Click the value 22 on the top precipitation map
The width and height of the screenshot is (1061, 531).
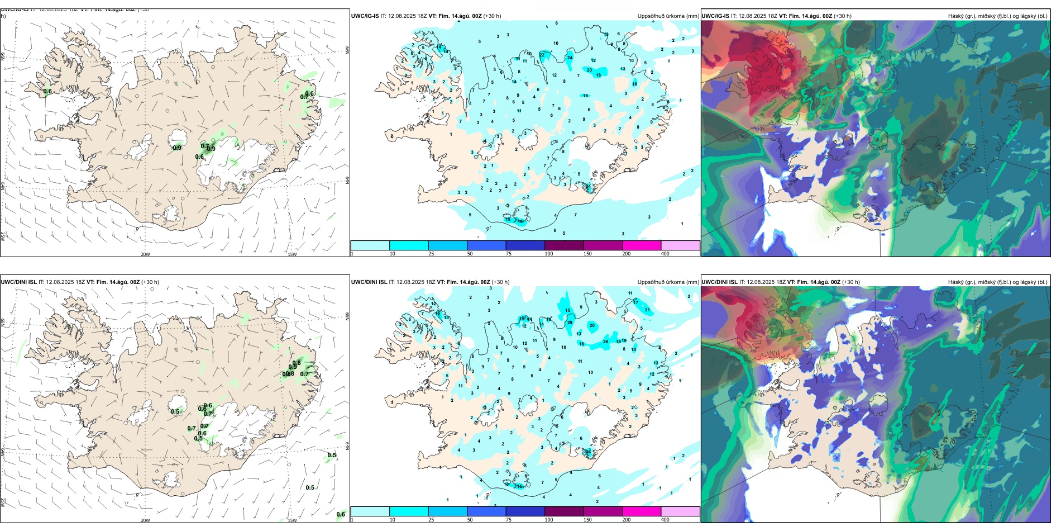click(542, 55)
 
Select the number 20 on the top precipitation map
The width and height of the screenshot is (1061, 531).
click(589, 70)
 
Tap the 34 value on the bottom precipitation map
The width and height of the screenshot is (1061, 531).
click(588, 452)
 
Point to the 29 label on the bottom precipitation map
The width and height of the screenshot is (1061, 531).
click(570, 323)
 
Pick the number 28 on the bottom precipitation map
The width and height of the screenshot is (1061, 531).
click(605, 342)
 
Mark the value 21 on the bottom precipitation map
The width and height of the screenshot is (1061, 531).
click(647, 310)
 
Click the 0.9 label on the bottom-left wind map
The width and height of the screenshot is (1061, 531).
click(293, 367)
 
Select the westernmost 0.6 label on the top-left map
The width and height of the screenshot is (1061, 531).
click(47, 92)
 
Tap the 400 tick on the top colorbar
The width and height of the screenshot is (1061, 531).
click(665, 254)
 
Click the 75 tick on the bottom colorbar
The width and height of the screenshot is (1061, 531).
click(508, 520)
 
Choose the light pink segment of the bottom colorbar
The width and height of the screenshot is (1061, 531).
click(680, 511)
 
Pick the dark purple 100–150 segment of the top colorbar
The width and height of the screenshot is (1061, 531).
click(563, 245)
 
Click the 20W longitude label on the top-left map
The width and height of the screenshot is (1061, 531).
click(145, 254)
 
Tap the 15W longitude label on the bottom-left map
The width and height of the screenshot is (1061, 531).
click(291, 520)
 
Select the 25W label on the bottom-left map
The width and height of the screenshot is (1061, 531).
click(3, 502)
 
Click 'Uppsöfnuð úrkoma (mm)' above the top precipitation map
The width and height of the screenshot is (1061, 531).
click(668, 16)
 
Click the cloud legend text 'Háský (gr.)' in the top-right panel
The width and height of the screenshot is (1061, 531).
click(962, 16)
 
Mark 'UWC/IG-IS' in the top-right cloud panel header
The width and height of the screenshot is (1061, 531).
click(715, 16)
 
